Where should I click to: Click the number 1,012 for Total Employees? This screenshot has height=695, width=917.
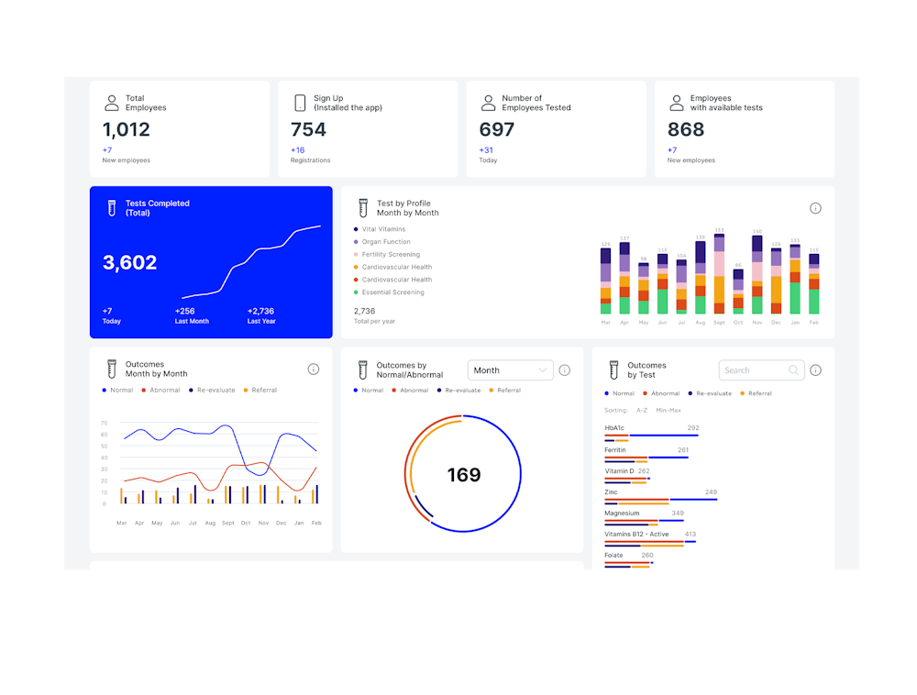127,130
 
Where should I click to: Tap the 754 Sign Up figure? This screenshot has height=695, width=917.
308,130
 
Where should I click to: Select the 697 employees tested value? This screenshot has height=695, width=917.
497,130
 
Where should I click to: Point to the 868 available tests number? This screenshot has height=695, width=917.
686,130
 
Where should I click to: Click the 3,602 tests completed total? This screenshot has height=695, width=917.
130,263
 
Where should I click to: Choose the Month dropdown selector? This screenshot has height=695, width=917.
511,370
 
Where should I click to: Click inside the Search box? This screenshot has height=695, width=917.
755,370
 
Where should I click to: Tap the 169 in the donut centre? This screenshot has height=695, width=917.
464,475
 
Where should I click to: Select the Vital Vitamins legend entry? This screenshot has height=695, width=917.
383,229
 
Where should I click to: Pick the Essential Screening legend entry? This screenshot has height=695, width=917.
392,292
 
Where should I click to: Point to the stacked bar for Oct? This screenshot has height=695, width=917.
738,292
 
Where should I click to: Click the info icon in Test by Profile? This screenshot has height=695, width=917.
815,208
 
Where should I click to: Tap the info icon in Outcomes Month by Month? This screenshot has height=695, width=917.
314,369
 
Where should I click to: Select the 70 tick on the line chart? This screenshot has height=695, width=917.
105,423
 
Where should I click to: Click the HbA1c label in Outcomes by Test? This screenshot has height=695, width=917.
614,428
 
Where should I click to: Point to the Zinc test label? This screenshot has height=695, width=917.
611,492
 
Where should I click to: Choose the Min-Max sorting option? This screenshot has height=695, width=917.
668,410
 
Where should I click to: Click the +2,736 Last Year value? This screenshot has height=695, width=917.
261,311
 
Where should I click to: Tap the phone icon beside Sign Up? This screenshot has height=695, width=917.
300,103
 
